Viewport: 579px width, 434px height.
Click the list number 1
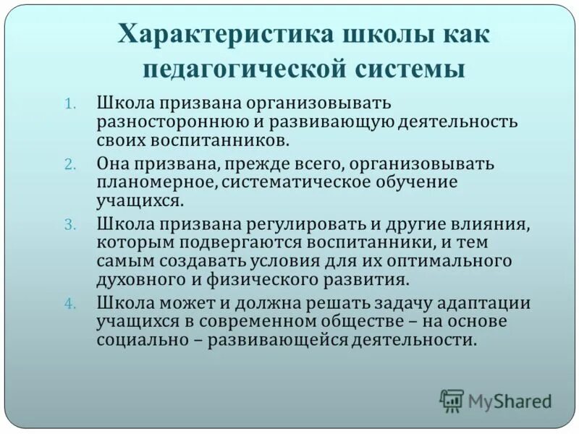tap(70, 103)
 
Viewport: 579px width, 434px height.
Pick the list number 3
tap(69, 225)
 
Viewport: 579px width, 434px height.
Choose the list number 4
tap(69, 304)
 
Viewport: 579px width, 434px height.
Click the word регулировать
tap(274, 224)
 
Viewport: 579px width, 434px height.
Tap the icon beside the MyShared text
tap(452, 401)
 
